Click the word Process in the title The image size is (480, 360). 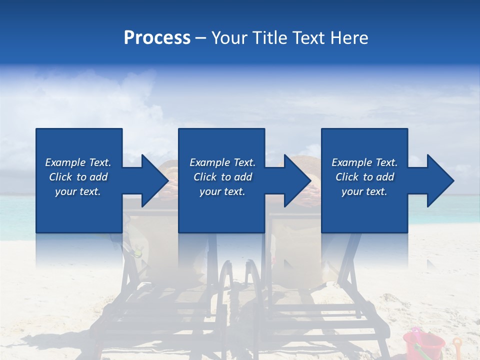point(157,38)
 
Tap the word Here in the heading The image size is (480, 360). point(348,38)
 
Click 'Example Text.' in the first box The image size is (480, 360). point(78,162)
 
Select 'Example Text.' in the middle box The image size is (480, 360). point(222,162)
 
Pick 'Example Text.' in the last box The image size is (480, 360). point(364,162)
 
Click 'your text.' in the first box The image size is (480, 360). point(78,191)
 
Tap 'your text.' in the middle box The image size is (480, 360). point(222,191)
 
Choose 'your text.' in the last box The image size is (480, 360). point(364,191)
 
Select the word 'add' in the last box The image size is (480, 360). point(385,177)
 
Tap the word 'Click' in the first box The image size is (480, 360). point(61,177)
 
